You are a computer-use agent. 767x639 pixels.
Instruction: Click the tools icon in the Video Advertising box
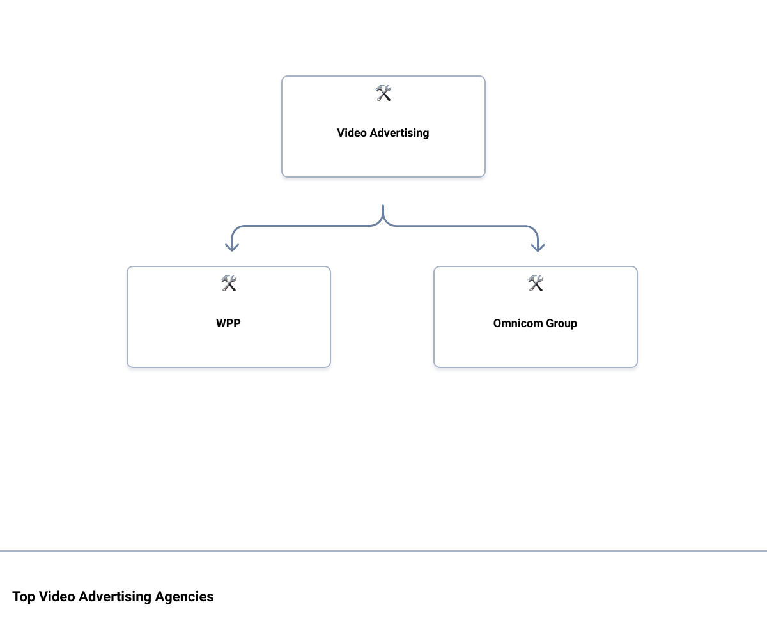click(383, 93)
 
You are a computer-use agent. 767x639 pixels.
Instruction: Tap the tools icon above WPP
click(229, 284)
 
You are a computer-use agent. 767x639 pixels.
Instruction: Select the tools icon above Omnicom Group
click(536, 284)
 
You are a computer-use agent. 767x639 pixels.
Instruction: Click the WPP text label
click(228, 323)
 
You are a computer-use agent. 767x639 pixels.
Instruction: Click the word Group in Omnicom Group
click(561, 323)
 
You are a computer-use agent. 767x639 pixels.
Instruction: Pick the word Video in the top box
click(352, 133)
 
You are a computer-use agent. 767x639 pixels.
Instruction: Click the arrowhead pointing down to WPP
click(232, 247)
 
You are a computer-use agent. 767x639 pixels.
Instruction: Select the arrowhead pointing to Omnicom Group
click(538, 247)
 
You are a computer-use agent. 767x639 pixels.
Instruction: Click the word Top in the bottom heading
click(24, 597)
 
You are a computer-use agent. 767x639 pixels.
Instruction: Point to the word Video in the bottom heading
click(57, 597)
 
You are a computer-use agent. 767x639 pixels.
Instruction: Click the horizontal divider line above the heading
click(383, 551)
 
